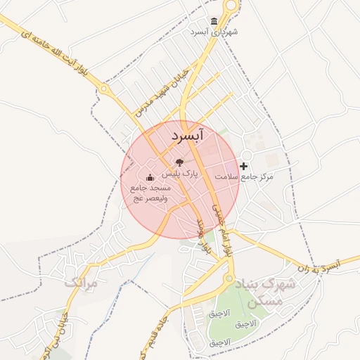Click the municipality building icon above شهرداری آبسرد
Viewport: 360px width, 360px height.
[214, 21]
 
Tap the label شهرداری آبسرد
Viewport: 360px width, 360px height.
[214, 32]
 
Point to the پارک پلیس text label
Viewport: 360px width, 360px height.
[181, 173]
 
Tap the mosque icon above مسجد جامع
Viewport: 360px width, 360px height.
[149, 178]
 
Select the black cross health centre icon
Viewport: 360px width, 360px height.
[244, 166]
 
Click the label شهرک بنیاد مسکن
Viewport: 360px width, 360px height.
[270, 293]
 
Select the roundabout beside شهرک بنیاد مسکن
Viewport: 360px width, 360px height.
[229, 279]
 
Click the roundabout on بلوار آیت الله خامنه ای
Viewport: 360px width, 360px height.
[105, 89]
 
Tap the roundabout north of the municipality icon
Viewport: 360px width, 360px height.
[231, 6]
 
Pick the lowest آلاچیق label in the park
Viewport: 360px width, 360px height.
[220, 343]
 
